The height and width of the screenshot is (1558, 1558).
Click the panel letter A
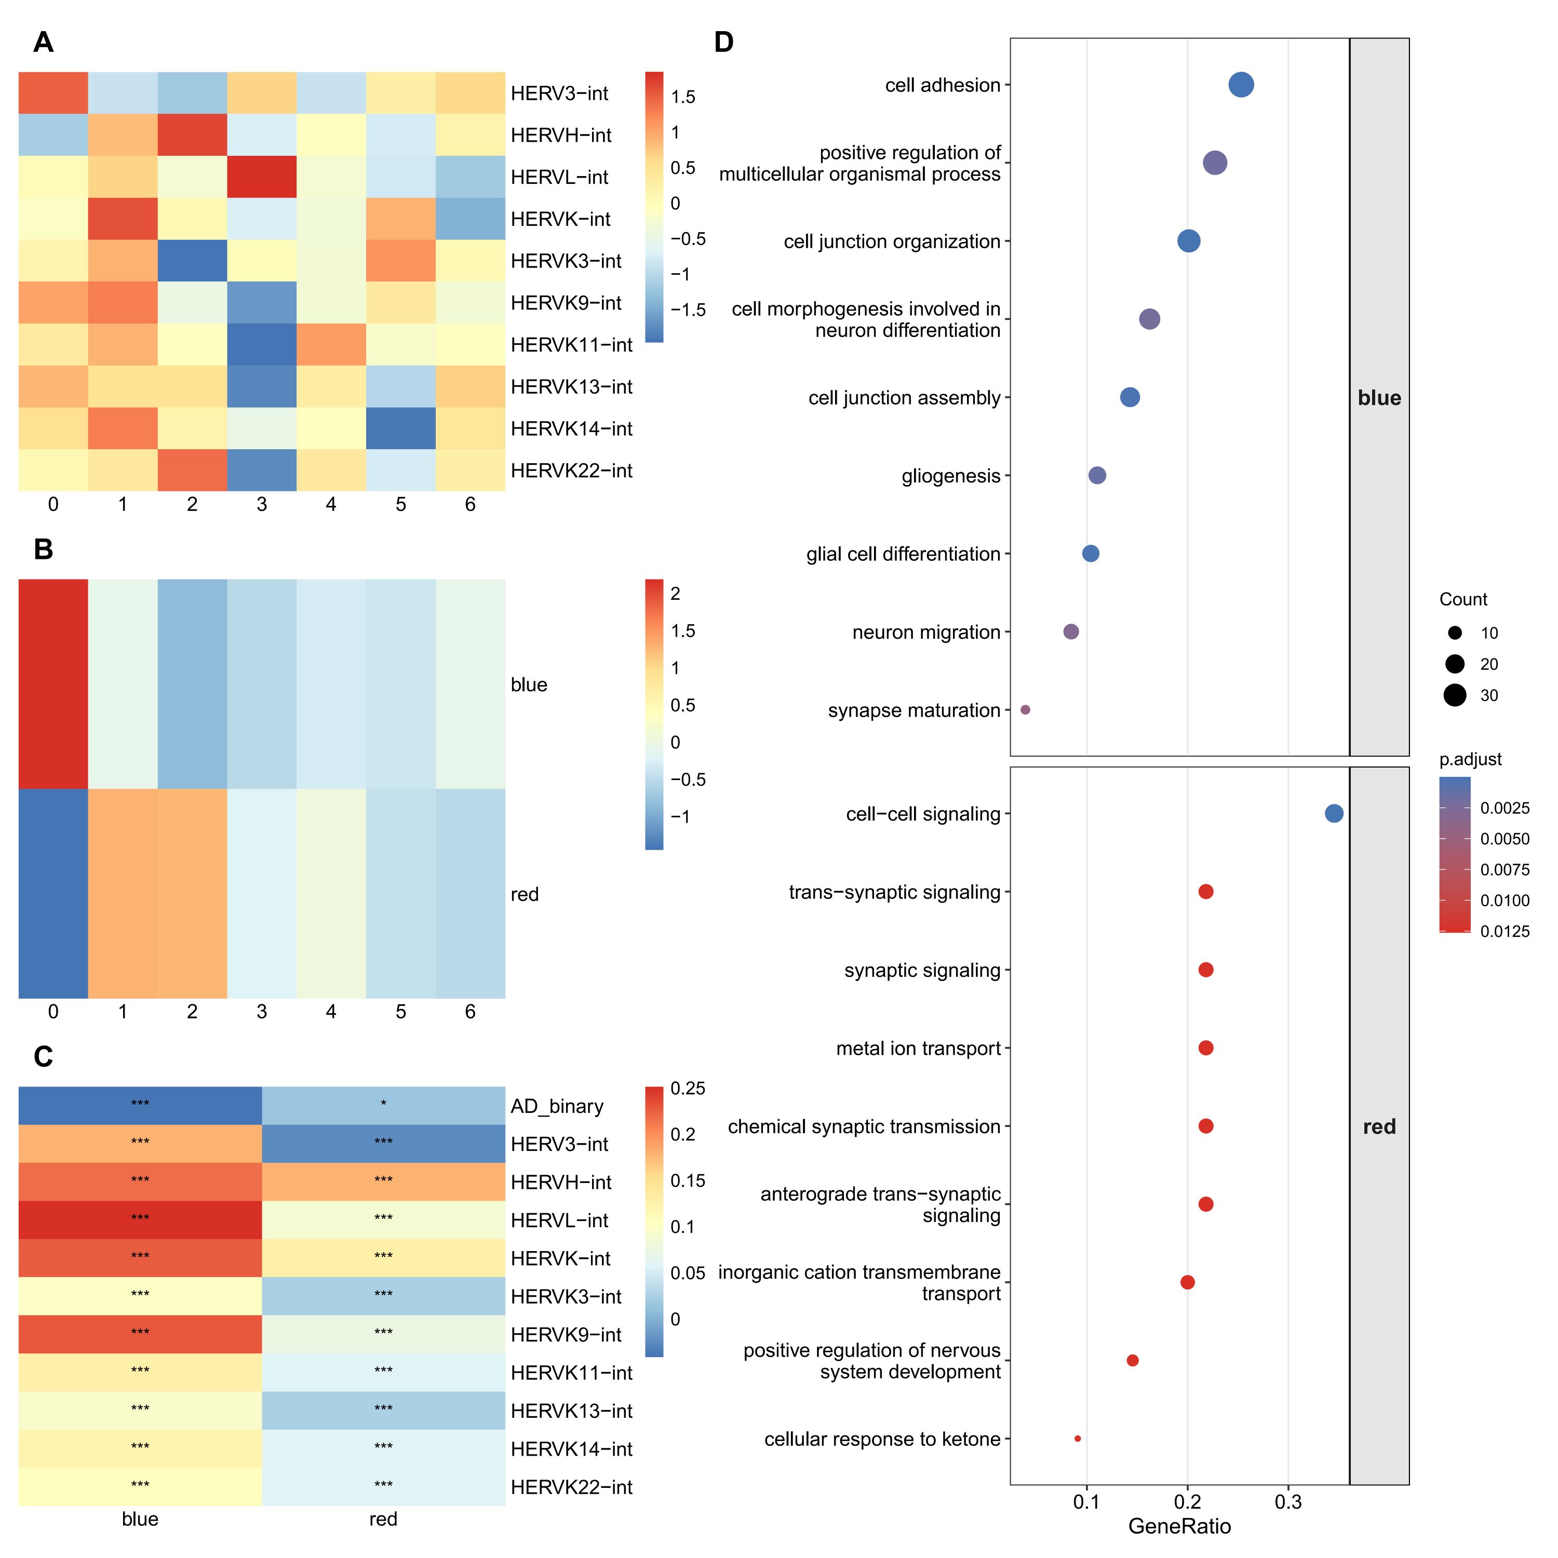[x=44, y=42]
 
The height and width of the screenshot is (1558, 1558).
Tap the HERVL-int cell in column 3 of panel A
[x=261, y=177]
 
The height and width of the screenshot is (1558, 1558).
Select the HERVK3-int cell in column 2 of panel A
[x=192, y=261]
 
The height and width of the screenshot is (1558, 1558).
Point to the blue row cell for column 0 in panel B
[x=53, y=684]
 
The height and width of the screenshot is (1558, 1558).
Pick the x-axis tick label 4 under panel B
[x=331, y=1011]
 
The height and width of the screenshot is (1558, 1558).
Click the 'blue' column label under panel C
[x=140, y=1519]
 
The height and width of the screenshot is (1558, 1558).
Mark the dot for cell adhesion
[x=1241, y=85]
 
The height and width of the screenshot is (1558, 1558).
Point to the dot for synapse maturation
[x=1025, y=709]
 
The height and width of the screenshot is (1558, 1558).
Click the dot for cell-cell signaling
[x=1334, y=814]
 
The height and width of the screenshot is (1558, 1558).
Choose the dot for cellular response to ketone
[x=1078, y=1439]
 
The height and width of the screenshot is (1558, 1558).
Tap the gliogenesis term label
[x=951, y=476]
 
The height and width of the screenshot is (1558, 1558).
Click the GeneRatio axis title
[x=1179, y=1526]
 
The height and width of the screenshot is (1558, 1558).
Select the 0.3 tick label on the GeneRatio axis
[x=1288, y=1501]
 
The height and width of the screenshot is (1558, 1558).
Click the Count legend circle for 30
[x=1455, y=695]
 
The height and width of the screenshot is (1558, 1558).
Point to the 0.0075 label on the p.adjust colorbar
[x=1505, y=869]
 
